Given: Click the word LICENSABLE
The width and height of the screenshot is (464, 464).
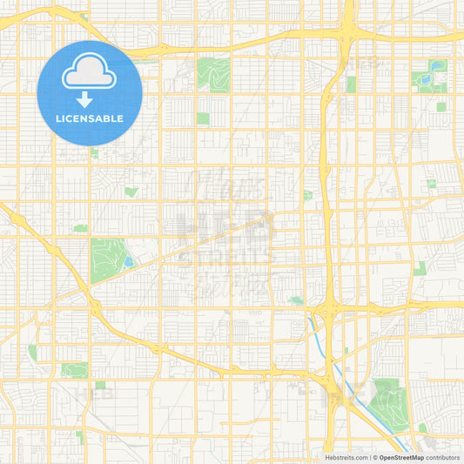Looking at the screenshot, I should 89,118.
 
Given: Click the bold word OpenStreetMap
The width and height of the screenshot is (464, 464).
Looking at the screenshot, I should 401,457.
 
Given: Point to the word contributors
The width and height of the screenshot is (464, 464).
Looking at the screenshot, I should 442,457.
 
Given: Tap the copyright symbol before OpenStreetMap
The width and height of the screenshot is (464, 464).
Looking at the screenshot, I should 375,457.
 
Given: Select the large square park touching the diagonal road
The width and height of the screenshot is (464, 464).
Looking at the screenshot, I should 107,259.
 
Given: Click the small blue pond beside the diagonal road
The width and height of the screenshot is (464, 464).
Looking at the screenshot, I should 129,261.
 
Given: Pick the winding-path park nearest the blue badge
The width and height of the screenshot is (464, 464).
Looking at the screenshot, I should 213,74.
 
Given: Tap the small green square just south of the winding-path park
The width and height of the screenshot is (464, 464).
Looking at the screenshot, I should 203,118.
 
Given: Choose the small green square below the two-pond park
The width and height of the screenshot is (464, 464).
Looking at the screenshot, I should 440,107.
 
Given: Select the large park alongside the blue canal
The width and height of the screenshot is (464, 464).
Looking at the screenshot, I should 386,403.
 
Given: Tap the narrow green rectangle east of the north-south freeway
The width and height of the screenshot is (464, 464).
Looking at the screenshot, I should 351,84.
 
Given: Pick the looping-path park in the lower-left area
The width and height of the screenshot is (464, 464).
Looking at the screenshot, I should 74,369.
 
